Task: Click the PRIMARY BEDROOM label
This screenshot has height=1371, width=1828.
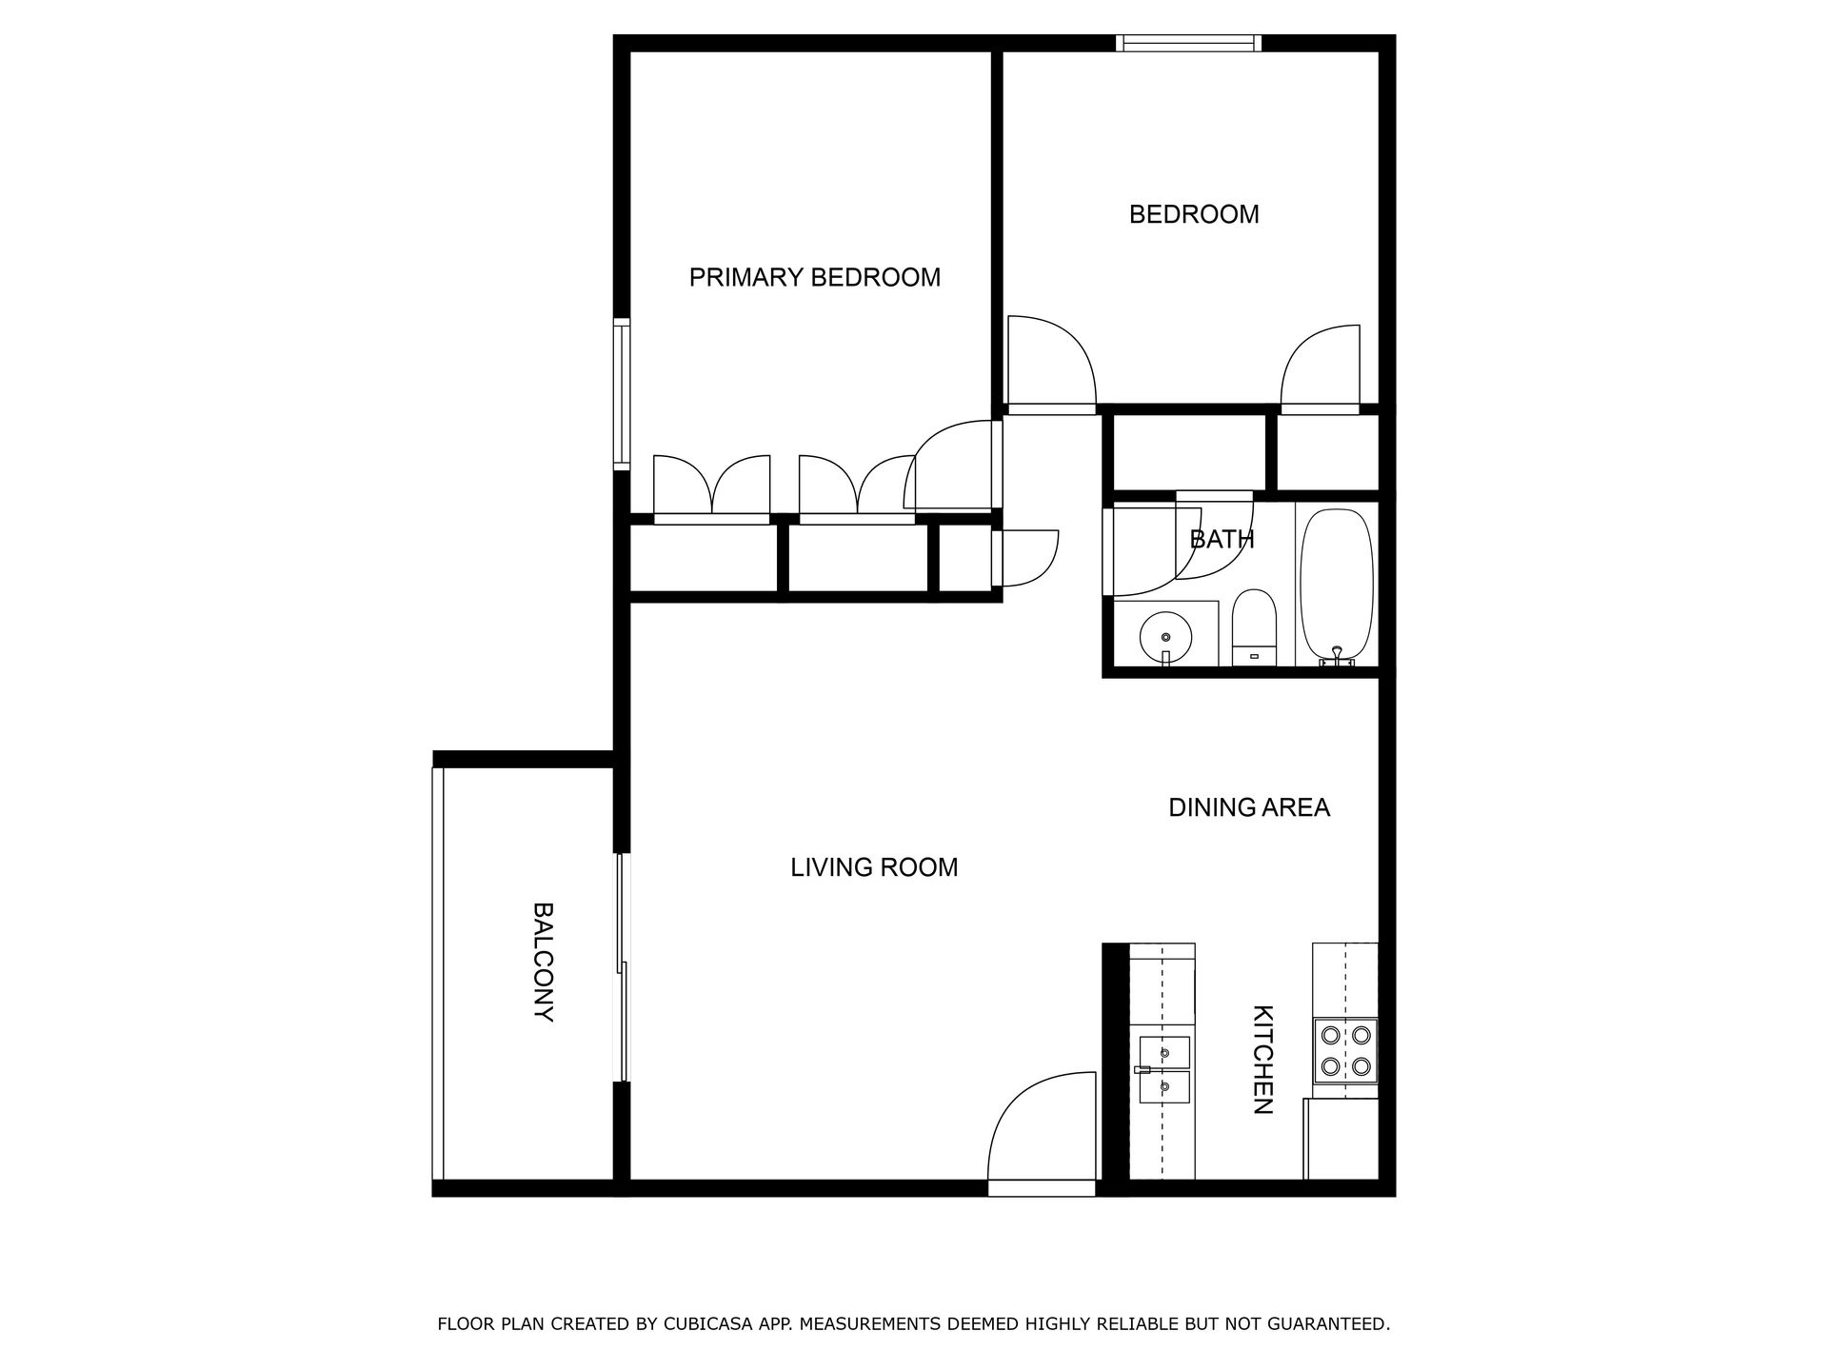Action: (x=814, y=277)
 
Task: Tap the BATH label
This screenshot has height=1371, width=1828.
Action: (x=1222, y=539)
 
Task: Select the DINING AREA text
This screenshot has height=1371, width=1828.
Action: (x=1248, y=807)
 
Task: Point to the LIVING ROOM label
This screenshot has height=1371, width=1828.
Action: (x=874, y=867)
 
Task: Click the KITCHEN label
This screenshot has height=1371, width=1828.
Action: (x=1262, y=1060)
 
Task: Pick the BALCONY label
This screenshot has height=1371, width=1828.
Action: (x=543, y=962)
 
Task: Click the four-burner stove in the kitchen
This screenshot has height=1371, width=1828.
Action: (x=1345, y=1050)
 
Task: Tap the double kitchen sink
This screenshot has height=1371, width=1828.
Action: (x=1164, y=1070)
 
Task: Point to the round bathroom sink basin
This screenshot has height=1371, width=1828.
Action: (x=1164, y=637)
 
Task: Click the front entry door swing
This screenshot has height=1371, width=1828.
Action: (x=1042, y=1129)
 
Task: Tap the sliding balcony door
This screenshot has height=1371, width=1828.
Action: (x=623, y=967)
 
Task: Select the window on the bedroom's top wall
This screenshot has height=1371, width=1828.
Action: (x=1189, y=43)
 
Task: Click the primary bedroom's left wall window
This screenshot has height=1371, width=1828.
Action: (x=622, y=393)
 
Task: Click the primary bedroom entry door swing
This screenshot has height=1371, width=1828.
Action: (x=952, y=465)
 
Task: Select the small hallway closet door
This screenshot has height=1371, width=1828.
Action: (x=1024, y=558)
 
